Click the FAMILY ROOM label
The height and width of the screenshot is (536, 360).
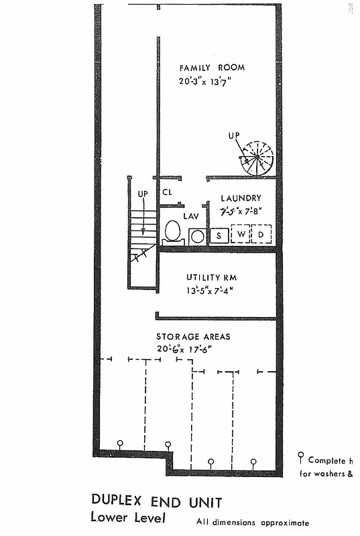(x=211, y=68)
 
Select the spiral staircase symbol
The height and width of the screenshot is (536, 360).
(x=257, y=159)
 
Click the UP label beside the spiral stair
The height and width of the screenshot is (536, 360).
(x=233, y=136)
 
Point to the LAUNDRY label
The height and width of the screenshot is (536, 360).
(x=241, y=198)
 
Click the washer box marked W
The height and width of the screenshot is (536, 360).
(x=239, y=235)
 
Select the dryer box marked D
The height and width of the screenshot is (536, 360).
(x=261, y=235)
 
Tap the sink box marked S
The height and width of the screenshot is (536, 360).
(x=219, y=236)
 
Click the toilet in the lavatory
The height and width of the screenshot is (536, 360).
(x=172, y=232)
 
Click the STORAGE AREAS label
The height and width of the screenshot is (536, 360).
(x=193, y=336)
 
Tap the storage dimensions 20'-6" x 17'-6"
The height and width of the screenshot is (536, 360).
(x=185, y=348)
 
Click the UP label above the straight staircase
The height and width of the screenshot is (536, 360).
(x=142, y=194)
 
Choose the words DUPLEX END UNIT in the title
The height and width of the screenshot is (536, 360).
(x=156, y=502)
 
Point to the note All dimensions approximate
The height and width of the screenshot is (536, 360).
(x=253, y=523)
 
